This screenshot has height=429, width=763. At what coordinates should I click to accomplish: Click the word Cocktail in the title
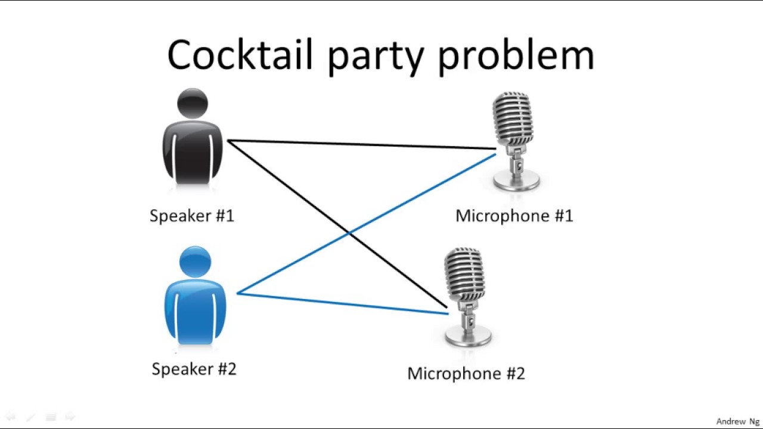240,54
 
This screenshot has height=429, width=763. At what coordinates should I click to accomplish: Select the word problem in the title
516,57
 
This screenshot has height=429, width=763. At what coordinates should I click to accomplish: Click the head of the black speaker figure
193,103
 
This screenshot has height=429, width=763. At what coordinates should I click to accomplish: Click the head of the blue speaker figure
195,262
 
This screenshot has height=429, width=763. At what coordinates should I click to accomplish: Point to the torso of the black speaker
193,152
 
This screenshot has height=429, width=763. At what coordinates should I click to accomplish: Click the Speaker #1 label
192,216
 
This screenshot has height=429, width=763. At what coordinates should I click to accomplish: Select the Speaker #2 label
194,369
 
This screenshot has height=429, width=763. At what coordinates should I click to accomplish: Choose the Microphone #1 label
514,216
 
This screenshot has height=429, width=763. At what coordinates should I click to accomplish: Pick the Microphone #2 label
466,374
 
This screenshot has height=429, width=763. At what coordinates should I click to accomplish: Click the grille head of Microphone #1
513,119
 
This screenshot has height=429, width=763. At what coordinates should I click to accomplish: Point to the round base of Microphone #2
468,337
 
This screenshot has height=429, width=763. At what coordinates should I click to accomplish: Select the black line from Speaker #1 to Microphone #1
362,144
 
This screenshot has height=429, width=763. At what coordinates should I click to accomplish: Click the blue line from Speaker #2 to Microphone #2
343,303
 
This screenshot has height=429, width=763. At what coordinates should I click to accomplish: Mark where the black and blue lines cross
349,233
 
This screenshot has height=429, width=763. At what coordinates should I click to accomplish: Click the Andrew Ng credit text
738,421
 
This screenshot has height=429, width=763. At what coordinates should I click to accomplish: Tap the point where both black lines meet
228,141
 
